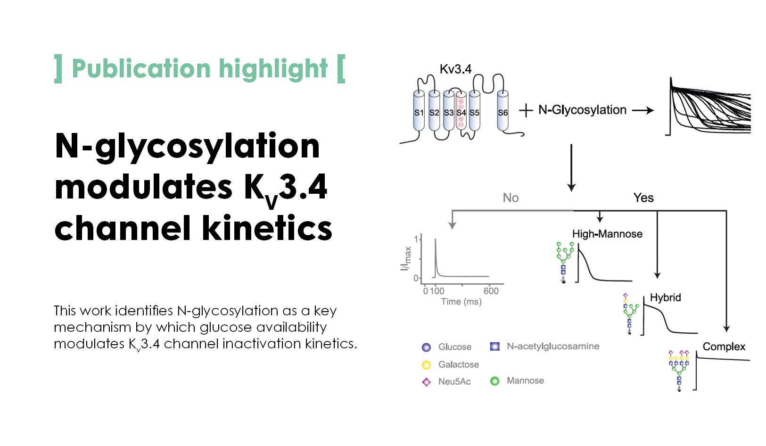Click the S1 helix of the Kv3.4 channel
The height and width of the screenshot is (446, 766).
[419, 111]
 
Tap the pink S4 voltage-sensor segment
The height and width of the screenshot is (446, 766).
[461, 111]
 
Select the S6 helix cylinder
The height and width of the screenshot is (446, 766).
[502, 111]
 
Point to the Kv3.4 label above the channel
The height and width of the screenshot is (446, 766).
[455, 69]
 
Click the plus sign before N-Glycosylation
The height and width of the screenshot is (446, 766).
[526, 110]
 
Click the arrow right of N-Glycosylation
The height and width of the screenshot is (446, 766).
[643, 110]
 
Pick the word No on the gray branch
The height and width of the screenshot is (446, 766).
[511, 198]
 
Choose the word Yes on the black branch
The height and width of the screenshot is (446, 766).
[643, 198]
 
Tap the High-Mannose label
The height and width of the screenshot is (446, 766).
[607, 234]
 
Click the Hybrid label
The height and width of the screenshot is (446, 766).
[666, 297]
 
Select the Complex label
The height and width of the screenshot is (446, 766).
[724, 347]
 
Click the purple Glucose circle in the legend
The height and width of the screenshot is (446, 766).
[426, 347]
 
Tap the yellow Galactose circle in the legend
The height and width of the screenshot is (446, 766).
[426, 365]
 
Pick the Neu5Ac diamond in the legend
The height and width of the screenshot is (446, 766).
[427, 382]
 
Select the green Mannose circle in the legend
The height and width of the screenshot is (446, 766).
[495, 380]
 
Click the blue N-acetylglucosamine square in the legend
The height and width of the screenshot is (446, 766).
[495, 347]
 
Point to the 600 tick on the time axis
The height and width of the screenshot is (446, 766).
[491, 291]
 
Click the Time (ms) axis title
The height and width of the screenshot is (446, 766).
[461, 302]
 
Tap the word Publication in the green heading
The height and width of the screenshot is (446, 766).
[141, 69]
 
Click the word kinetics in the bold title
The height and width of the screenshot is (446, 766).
[267, 228]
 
